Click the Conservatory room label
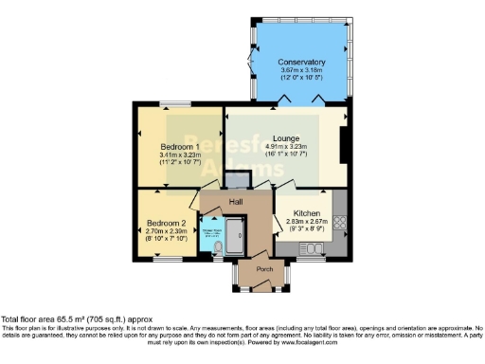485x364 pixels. tap(301, 63)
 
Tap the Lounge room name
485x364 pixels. tap(287, 137)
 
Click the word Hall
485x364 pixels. tap(238, 202)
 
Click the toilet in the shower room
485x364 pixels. tap(220, 248)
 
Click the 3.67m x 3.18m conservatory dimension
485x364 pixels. tap(301, 71)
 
